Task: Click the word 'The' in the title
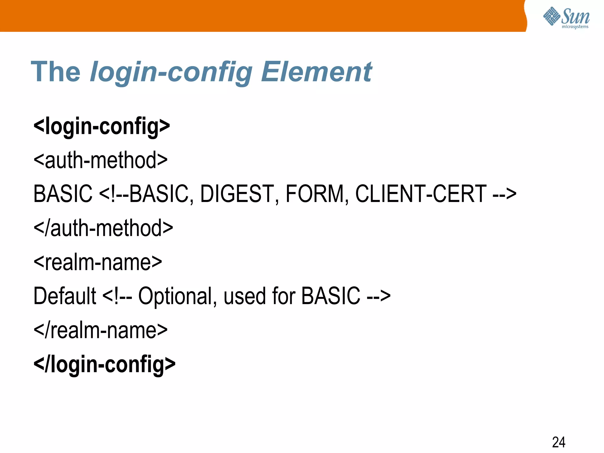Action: [55, 72]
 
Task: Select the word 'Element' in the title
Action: [316, 72]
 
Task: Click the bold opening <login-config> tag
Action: [102, 126]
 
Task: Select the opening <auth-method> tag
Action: [101, 160]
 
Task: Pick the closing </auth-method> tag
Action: [103, 228]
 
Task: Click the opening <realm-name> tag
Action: [98, 262]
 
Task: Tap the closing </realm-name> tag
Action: [101, 330]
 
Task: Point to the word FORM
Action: [315, 194]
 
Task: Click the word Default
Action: [65, 296]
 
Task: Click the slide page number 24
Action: [559, 442]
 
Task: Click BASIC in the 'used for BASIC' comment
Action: [331, 296]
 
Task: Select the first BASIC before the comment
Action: [63, 194]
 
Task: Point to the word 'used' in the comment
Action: [244, 296]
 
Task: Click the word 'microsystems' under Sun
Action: [575, 27]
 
